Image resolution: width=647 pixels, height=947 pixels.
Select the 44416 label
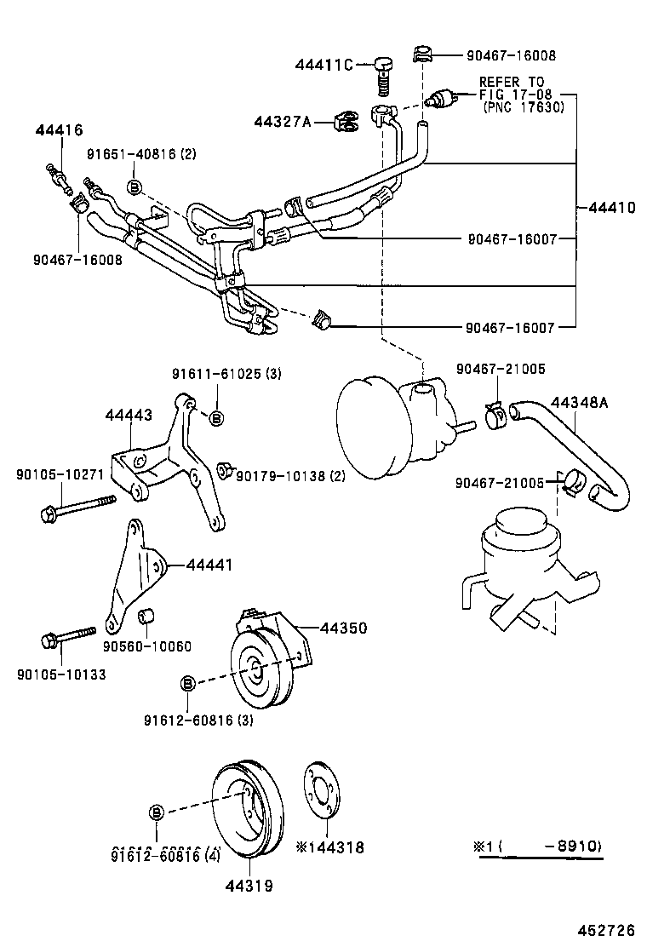pyautogui.click(x=59, y=130)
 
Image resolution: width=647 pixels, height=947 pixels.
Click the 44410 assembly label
pyautogui.click(x=610, y=207)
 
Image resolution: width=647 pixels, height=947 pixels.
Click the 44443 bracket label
pyautogui.click(x=129, y=415)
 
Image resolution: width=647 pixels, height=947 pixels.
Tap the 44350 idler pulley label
pyautogui.click(x=343, y=628)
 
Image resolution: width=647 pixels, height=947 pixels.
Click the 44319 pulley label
pyautogui.click(x=249, y=886)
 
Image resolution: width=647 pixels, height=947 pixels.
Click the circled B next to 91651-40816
pyautogui.click(x=135, y=187)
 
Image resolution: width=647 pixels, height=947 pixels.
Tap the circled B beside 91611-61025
pyautogui.click(x=215, y=417)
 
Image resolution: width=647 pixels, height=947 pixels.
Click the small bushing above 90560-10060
pyautogui.click(x=146, y=614)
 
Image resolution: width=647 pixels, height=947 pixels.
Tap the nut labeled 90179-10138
pyautogui.click(x=226, y=469)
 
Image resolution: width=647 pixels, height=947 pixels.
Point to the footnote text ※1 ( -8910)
pyautogui.click(x=538, y=847)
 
